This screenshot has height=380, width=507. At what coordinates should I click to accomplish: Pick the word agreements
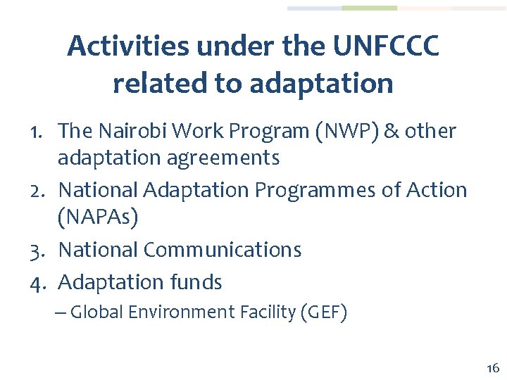coord(224,158)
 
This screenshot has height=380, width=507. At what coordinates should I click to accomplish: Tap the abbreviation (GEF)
coord(323,312)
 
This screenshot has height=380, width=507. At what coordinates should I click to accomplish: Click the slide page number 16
coord(492,368)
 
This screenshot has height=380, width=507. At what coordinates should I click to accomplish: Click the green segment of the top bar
coord(369,8)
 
